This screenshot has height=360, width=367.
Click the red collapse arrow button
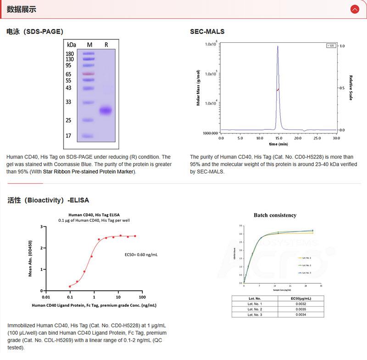[x=354, y=9]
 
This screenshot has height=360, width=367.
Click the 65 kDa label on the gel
[x=69, y=74]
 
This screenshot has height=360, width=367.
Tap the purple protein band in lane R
[x=106, y=110]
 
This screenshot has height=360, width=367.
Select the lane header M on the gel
[x=89, y=45]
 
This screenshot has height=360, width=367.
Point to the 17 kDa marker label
[x=69, y=136]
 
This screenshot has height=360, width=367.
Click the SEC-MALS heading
[x=207, y=32]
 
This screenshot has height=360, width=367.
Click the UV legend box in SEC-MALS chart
[x=330, y=45]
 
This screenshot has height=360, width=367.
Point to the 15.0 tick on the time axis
[x=279, y=138]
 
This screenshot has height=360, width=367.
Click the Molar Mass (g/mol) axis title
[x=198, y=88]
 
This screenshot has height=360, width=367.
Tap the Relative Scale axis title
[x=351, y=88]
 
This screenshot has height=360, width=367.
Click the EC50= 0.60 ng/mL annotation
[x=142, y=253]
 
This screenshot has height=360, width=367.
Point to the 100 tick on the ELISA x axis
[x=142, y=297]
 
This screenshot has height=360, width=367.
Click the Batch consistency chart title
[x=275, y=215]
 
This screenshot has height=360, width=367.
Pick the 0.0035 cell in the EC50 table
[x=300, y=309]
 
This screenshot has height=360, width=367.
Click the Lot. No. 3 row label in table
[x=255, y=315]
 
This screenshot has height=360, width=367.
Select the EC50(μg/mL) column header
[x=300, y=298]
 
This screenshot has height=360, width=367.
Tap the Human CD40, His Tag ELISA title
[x=94, y=214]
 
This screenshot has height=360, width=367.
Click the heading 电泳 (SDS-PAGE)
[x=35, y=32]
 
